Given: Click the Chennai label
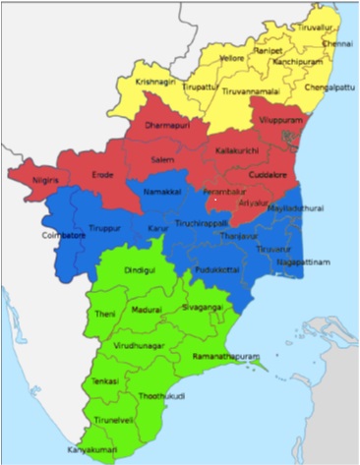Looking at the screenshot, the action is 336,44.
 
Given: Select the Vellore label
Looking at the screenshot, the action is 231,59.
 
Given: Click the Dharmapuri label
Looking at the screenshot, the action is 166,128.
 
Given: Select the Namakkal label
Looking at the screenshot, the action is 162,193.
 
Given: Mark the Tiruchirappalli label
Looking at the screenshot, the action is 206,223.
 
